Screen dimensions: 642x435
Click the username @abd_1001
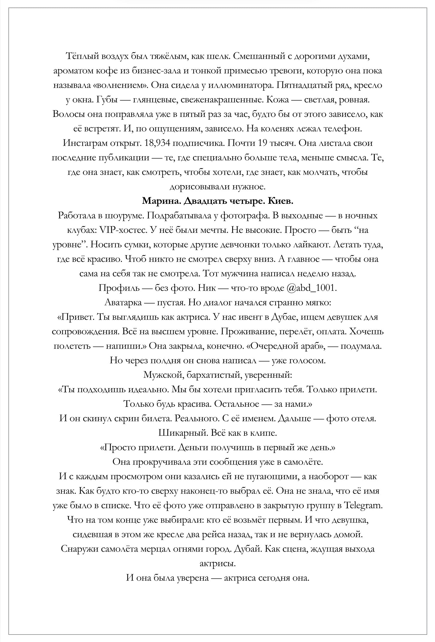[x=311, y=288]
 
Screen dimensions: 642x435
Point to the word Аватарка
[x=123, y=303]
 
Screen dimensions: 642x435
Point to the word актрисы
[x=217, y=564]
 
